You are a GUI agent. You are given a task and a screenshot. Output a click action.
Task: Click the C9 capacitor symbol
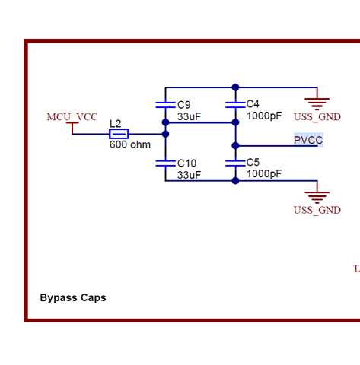point(165,105)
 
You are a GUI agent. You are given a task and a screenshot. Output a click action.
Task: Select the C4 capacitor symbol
point(235,105)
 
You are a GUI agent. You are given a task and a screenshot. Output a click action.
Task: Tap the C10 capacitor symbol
point(165,163)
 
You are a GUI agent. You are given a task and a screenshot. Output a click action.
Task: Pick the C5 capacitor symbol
point(235,163)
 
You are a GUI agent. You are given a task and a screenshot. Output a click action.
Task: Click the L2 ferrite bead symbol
point(119,134)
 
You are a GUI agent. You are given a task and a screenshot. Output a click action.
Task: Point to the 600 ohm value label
point(130,144)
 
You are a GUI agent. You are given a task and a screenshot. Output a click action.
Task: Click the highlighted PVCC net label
point(308,140)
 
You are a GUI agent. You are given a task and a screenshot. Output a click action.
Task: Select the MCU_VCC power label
point(72,117)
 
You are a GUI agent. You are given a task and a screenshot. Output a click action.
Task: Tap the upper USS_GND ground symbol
point(317,104)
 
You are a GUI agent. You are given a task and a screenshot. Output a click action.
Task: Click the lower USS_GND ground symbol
point(317,198)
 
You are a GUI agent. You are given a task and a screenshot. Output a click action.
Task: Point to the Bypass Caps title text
point(73,297)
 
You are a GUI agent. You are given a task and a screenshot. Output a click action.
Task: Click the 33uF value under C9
point(189,117)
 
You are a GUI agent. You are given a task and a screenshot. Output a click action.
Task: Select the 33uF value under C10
point(189,175)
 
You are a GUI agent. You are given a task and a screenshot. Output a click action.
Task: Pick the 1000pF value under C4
point(264,116)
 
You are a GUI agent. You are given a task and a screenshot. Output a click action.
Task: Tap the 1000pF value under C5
point(264,174)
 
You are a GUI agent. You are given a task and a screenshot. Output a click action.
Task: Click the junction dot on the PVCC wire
point(235,146)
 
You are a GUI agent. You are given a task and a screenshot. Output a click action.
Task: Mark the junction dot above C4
point(235,87)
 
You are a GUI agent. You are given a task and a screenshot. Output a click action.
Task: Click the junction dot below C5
point(235,181)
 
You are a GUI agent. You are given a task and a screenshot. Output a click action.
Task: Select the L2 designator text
point(116,124)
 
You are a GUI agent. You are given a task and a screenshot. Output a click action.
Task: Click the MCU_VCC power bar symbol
point(72,123)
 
